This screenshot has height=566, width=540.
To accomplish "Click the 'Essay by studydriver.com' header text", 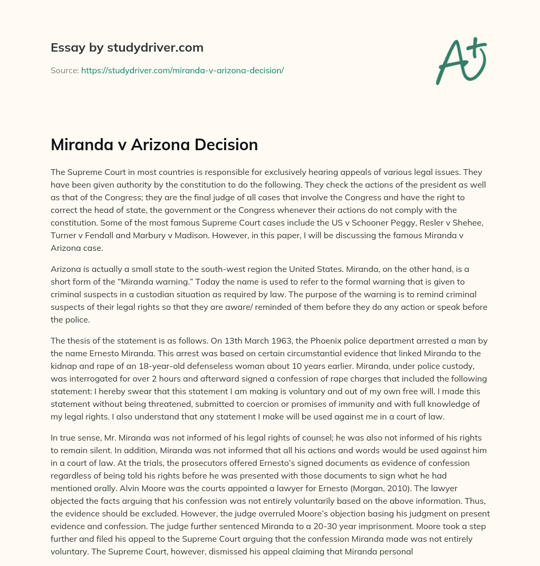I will coord(127,47).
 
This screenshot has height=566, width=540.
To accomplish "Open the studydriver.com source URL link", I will coord(182,70).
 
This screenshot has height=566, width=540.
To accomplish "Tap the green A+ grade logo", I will coord(460,61).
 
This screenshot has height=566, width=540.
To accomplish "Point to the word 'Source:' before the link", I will coord(64,70).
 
